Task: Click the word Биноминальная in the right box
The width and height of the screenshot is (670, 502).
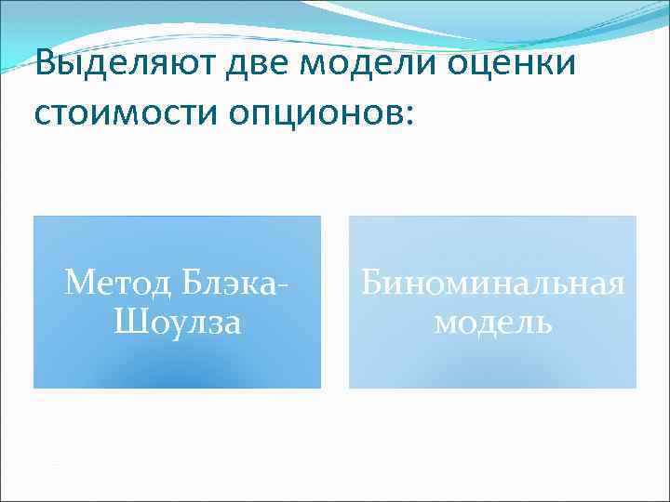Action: pos(492,281)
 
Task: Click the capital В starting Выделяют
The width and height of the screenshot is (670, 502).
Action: pos(44,67)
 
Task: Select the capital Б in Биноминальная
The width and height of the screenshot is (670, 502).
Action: pos(371,281)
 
